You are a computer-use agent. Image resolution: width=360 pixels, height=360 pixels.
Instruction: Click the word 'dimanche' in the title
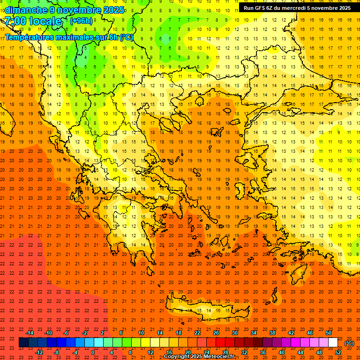click(x=25, y=10)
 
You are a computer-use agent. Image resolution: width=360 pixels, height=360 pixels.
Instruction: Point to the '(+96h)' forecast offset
click(x=81, y=21)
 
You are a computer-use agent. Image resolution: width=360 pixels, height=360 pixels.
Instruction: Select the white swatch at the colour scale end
click(x=333, y=343)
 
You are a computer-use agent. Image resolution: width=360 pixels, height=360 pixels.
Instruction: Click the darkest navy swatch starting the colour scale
click(x=23, y=343)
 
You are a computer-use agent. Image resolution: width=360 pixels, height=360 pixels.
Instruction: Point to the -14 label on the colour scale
click(x=30, y=333)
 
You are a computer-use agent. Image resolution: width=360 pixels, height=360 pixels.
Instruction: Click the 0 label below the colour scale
click(x=93, y=352)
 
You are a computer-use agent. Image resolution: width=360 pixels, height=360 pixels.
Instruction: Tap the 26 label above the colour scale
click(x=216, y=333)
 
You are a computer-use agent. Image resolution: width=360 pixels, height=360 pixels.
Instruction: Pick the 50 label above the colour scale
click(x=329, y=333)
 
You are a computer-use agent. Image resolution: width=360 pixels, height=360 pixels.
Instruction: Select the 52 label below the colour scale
click(x=338, y=352)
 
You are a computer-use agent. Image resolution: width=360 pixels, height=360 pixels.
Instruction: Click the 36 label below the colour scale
click(x=263, y=352)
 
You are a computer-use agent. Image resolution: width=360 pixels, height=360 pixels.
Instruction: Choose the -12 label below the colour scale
click(x=39, y=352)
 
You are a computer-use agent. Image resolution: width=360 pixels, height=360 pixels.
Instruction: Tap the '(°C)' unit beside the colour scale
click(x=349, y=343)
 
